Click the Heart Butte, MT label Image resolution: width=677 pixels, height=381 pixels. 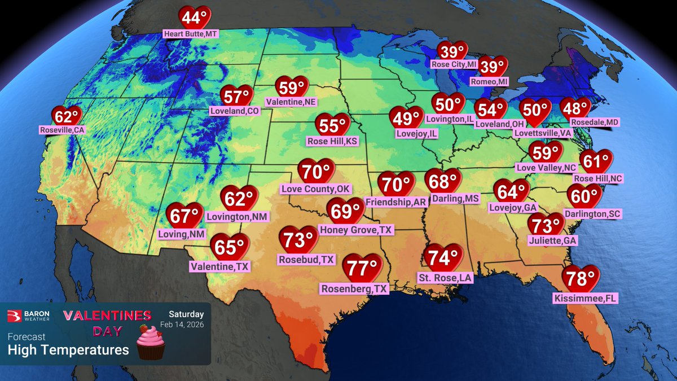point(190,34)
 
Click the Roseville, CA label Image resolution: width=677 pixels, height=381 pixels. point(62,130)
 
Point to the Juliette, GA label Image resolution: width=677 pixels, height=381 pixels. point(546,241)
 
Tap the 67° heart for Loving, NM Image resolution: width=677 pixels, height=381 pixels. point(184,216)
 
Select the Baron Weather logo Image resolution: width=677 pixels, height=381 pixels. point(32,315)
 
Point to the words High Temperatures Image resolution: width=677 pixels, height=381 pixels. point(68,351)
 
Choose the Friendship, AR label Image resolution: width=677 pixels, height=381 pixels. point(395,202)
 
